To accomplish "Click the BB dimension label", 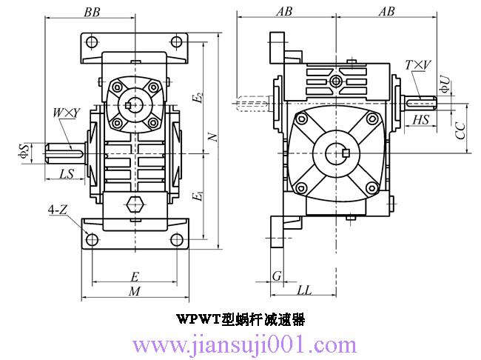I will click(x=93, y=13).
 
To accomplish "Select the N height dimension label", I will click(x=213, y=138).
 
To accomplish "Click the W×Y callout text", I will click(x=66, y=113).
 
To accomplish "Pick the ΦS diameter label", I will click(x=24, y=151).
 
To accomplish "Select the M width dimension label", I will click(x=135, y=292).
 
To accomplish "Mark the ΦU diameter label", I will click(x=444, y=84).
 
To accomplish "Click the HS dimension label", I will click(x=421, y=120).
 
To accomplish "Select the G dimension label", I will click(x=277, y=276).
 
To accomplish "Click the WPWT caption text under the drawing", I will click(x=240, y=320).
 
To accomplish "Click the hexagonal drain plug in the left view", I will click(x=135, y=205).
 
